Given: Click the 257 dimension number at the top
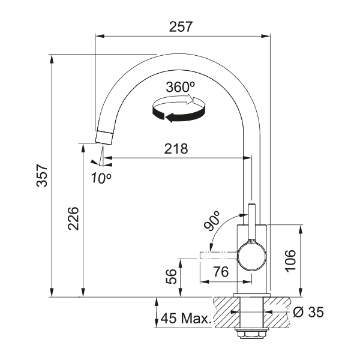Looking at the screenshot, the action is point(181,27).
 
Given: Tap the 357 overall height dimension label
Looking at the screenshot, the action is point(42,175).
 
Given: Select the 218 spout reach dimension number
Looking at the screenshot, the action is point(176,149).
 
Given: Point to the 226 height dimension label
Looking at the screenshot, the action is point(73,218).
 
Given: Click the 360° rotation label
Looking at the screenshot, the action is point(181,87).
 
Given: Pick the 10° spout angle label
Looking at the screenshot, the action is point(101,178).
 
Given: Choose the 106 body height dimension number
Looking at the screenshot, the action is point(290,260).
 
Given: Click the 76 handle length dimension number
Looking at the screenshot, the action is point(221,272).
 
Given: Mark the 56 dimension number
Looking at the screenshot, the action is point(171,277).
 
